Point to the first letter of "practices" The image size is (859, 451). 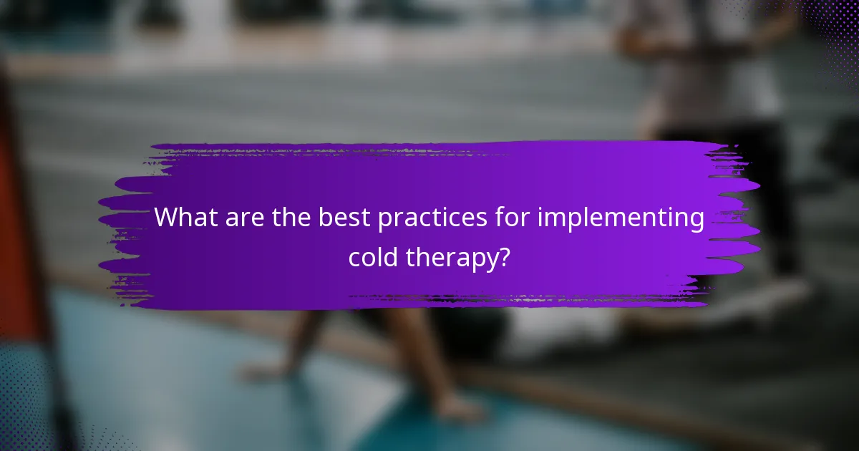[x=384, y=220]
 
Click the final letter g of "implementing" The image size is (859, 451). [x=696, y=221]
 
